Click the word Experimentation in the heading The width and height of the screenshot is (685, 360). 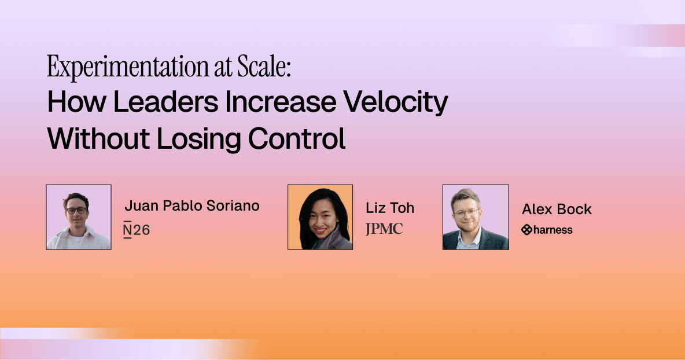128,67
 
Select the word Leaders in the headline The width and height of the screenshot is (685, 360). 165,102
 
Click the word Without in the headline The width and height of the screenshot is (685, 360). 98,139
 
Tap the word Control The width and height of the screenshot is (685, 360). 297,139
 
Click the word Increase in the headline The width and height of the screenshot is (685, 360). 281,102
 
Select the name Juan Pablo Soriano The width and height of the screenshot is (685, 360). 192,205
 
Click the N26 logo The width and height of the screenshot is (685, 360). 137,230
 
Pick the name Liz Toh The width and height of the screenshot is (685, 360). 390,208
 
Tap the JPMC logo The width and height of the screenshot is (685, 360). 384,229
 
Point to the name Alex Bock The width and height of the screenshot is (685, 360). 557,210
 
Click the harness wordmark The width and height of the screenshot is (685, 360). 553,230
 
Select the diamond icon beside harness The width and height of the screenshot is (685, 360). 527,230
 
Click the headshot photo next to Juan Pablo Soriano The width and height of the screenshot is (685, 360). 79,217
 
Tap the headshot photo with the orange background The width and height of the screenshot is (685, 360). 320,217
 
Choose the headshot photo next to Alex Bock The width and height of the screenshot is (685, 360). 476,217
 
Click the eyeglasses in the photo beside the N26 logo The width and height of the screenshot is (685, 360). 76,210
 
